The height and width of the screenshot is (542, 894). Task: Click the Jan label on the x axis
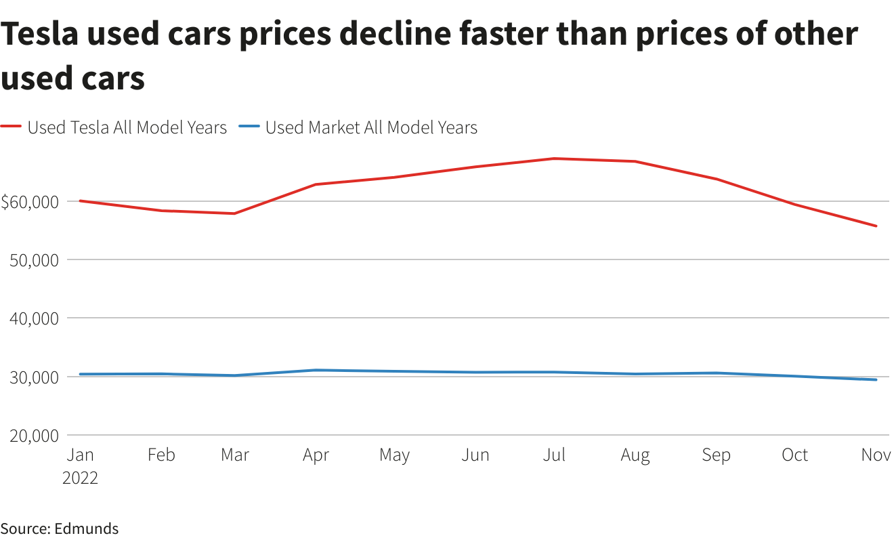[80, 455]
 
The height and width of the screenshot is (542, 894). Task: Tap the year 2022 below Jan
[80, 478]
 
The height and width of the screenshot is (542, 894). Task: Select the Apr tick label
[316, 455]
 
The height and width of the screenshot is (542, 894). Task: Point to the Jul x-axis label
[554, 455]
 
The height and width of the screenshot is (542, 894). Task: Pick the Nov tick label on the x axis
[876, 455]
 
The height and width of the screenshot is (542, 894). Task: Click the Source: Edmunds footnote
[60, 528]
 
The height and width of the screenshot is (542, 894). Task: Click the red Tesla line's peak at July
[554, 159]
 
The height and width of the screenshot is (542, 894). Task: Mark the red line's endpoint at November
[876, 226]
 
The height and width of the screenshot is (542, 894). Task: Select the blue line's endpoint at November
[876, 379]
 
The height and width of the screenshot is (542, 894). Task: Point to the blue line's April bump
[316, 370]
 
